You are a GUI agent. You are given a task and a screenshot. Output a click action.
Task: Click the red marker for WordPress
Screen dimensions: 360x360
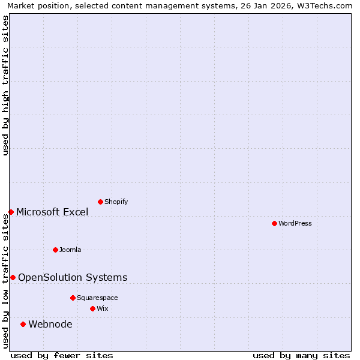tap(274, 223)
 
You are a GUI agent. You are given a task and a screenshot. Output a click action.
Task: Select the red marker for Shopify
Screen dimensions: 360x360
tap(100, 202)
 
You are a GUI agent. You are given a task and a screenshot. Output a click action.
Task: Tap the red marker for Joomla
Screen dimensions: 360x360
tap(55, 250)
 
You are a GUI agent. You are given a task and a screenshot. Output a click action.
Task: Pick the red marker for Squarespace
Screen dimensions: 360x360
tap(73, 298)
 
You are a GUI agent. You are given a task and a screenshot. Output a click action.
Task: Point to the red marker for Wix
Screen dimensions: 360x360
tap(92, 308)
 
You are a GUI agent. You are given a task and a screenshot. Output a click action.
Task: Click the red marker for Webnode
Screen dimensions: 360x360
tap(23, 324)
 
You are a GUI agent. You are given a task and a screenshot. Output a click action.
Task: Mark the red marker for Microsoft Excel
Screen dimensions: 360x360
tap(11, 212)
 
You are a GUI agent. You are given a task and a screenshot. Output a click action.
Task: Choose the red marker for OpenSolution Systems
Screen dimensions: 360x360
tap(13, 277)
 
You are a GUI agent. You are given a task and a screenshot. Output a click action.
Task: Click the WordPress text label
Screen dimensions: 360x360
tap(295, 223)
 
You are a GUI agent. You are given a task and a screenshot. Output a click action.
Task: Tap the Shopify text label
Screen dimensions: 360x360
tap(116, 202)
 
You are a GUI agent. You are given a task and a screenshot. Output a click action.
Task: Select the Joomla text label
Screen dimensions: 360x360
tap(70, 250)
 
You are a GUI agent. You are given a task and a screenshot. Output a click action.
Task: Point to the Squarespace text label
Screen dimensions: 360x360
tap(97, 298)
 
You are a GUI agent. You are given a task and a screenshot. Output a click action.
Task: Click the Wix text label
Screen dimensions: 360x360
tap(103, 308)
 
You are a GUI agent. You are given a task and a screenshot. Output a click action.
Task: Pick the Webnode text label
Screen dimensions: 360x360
tap(50, 325)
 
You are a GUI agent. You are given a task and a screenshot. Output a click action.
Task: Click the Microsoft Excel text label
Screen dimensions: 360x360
tap(52, 212)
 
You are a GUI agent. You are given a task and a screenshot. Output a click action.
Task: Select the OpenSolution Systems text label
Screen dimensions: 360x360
tap(73, 277)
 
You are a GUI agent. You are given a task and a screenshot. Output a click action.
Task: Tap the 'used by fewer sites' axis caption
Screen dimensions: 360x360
tap(62, 355)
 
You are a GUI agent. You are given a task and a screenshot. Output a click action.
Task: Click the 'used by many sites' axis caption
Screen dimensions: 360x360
tap(301, 355)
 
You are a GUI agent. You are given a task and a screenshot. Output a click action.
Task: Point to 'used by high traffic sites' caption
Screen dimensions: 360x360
tap(5, 85)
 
